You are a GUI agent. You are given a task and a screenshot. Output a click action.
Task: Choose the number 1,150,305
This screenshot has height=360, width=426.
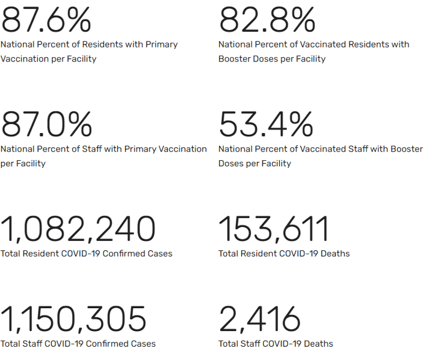(73, 318)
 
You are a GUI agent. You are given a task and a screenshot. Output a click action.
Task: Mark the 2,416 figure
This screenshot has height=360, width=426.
(259, 318)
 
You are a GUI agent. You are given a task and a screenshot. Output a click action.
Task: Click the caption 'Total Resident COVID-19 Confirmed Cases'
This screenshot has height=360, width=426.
(87, 253)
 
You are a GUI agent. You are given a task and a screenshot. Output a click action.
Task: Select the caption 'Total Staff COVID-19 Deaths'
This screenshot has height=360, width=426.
(276, 344)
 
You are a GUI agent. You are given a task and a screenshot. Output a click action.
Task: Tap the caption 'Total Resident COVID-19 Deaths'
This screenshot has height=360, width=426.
(284, 253)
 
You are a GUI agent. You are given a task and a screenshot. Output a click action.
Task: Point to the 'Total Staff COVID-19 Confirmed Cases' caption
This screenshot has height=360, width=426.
(78, 344)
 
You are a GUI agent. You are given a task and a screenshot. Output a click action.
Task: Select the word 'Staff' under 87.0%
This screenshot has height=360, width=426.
(90, 149)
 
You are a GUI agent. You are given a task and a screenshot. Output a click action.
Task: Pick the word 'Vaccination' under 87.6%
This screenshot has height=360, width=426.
(24, 59)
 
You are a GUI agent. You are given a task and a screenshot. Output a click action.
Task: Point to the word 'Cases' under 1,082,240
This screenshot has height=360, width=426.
(159, 253)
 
